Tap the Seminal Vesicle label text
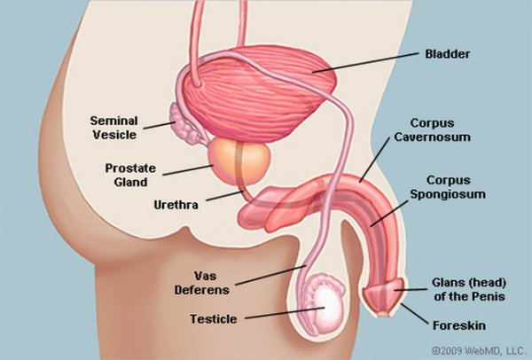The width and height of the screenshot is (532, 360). (x=114, y=126)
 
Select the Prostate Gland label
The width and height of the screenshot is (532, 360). (x=131, y=175)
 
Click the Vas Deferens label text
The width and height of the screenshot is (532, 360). (x=211, y=281)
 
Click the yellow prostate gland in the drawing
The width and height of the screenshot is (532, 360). (x=239, y=160)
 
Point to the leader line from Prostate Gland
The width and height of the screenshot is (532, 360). (x=191, y=168)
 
